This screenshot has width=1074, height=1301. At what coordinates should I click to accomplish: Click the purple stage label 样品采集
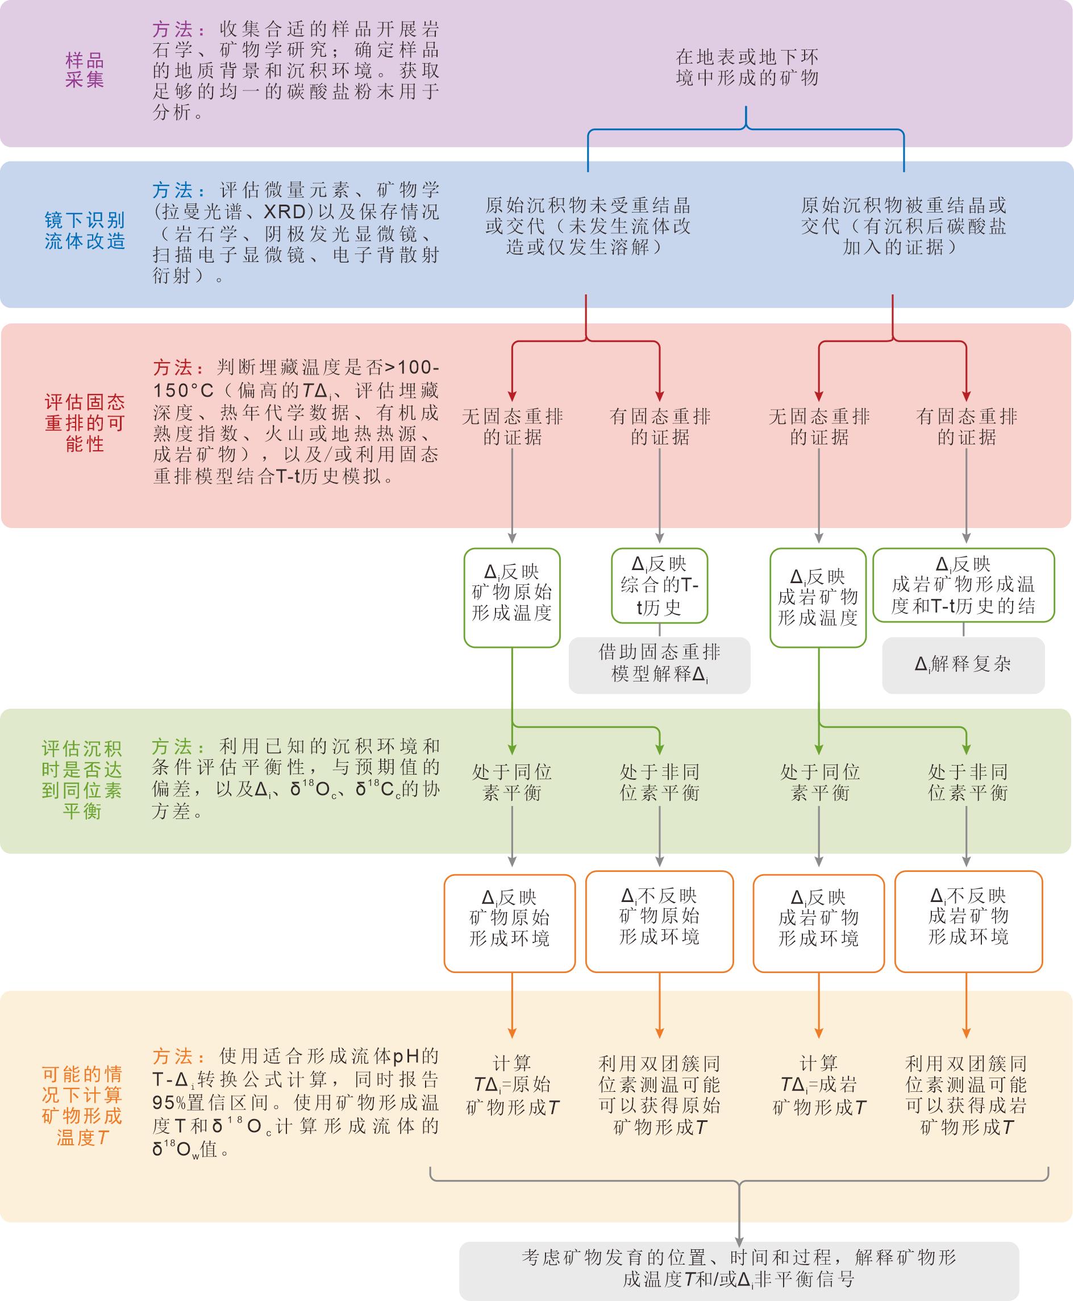pyautogui.click(x=85, y=70)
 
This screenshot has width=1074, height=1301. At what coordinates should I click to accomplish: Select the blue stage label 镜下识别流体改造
pyautogui.click(x=85, y=230)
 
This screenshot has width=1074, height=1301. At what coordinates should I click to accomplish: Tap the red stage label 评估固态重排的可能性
pyautogui.click(x=85, y=423)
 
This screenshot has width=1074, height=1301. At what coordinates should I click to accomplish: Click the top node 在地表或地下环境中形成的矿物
pyautogui.click(x=747, y=68)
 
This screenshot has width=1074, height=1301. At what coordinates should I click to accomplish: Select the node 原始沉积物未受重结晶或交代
pyautogui.click(x=588, y=226)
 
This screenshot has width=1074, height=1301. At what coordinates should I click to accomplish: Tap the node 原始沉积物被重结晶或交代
pyautogui.click(x=904, y=226)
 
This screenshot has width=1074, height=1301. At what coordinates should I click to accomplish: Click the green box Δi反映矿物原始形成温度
pyautogui.click(x=512, y=597)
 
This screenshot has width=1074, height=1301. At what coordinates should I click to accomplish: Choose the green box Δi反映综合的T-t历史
pyautogui.click(x=660, y=585)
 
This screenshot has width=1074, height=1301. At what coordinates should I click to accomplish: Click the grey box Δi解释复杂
pyautogui.click(x=963, y=665)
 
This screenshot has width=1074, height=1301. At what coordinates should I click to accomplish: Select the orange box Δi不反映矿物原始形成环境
pyautogui.click(x=660, y=921)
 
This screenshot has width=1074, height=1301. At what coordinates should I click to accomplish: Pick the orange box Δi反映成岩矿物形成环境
pyautogui.click(x=818, y=923)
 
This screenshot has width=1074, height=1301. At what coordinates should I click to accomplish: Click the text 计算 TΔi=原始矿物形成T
pyautogui.click(x=512, y=1085)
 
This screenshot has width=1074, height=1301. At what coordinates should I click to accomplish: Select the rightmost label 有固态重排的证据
pyautogui.click(x=967, y=427)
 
